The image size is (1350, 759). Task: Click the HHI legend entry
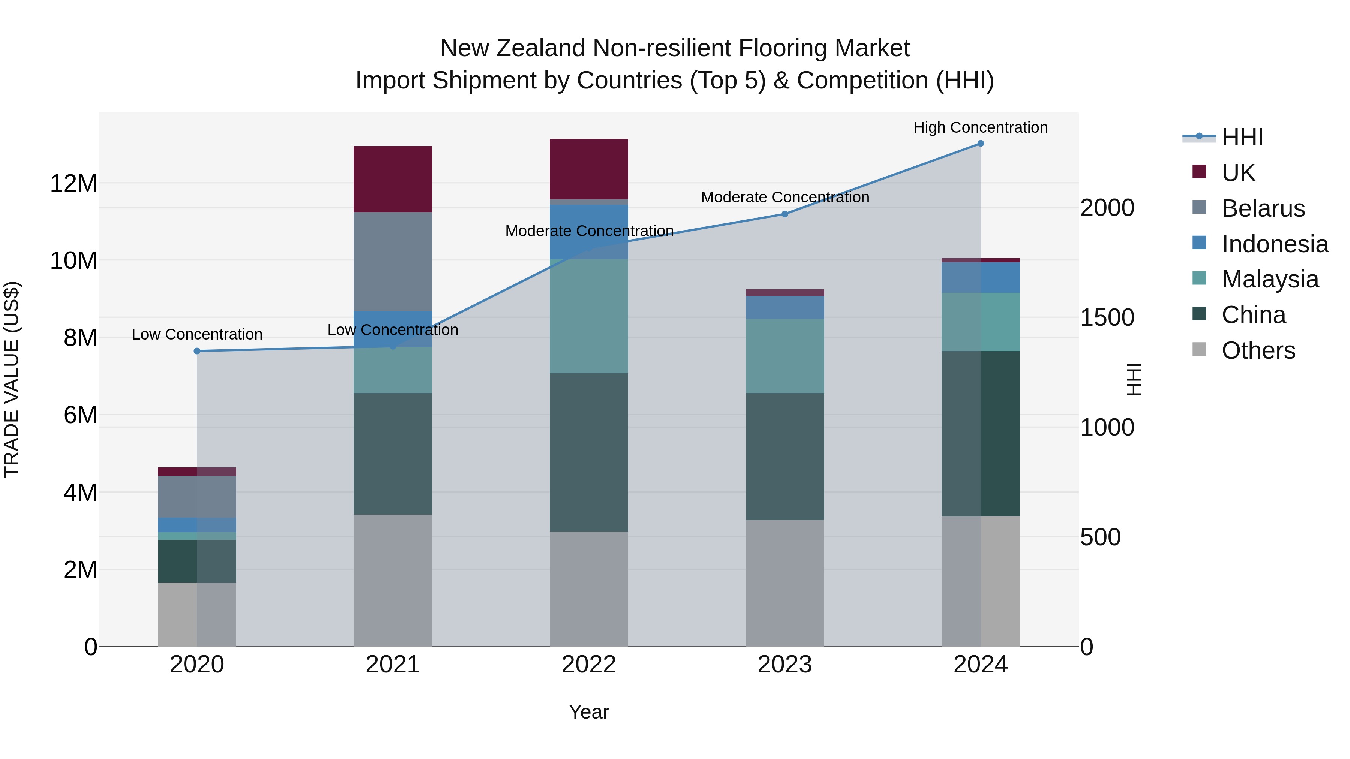[1242, 137]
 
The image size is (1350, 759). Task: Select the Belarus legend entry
[1263, 208]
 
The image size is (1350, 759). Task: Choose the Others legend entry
[1258, 350]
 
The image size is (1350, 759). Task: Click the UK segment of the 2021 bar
[393, 179]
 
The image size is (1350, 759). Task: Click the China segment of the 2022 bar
[588, 452]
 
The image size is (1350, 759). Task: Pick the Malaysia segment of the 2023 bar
[784, 356]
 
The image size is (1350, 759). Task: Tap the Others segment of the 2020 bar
[196, 614]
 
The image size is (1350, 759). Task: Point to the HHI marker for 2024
[981, 143]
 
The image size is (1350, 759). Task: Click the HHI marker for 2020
[197, 351]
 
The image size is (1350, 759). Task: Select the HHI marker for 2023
[784, 214]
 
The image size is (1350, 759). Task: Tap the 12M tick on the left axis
[73, 183]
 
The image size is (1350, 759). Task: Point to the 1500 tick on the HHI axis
[1107, 317]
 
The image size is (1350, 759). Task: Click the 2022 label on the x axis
[588, 665]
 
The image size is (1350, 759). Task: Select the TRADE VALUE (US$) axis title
[12, 379]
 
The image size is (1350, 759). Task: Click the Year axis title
[588, 712]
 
